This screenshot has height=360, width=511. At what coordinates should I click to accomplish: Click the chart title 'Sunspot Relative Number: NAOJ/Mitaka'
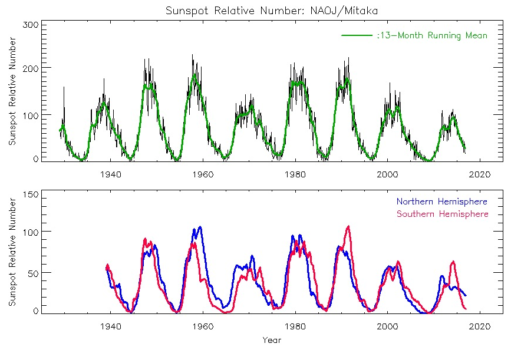255,11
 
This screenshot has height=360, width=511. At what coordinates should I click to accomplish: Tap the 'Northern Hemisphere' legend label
442,202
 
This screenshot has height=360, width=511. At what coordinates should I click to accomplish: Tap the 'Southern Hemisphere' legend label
442,213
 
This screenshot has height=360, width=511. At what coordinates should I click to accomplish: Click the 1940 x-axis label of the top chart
111,174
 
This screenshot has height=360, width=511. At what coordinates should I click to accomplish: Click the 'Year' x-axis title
272,340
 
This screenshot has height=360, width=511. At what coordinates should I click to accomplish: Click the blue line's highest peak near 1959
200,227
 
